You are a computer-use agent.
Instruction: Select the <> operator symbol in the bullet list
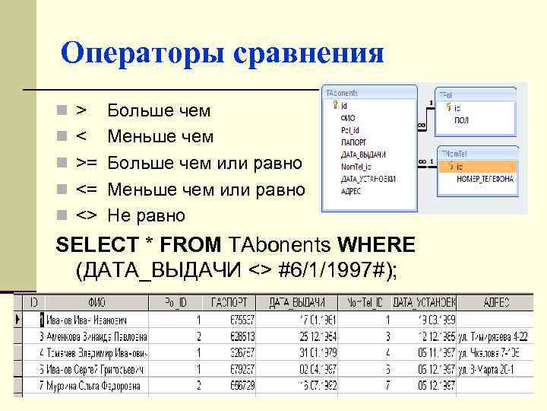click(x=86, y=215)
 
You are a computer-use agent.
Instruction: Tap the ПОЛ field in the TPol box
click(x=461, y=121)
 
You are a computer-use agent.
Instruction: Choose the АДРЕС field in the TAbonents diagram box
click(x=352, y=191)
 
